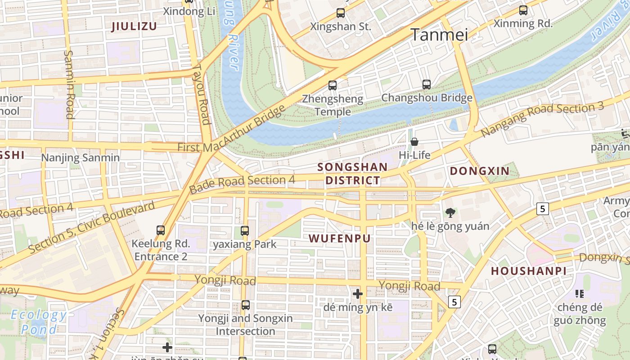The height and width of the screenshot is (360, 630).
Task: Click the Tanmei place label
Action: [x=439, y=35]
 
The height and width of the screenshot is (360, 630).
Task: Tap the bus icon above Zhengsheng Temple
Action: [x=333, y=85]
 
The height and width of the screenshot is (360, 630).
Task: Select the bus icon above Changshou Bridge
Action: [x=427, y=84]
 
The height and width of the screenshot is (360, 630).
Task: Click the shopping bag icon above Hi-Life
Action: [x=414, y=142]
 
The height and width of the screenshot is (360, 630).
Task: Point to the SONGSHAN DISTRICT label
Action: [x=352, y=174]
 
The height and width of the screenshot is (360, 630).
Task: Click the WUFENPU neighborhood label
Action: [x=340, y=238]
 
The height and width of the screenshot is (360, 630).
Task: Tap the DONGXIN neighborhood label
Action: [x=480, y=171]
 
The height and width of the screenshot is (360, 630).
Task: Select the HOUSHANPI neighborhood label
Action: [x=528, y=271]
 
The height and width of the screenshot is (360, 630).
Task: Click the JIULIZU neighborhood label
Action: [x=134, y=27]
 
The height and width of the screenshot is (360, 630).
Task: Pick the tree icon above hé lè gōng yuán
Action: [x=450, y=213]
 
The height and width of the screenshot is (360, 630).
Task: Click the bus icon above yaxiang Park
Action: [x=245, y=231]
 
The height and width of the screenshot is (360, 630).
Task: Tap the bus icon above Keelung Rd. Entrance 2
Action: [x=161, y=230]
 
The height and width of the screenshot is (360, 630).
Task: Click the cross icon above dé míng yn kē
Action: [x=358, y=294]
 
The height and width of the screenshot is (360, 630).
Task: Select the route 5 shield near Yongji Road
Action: [x=454, y=301]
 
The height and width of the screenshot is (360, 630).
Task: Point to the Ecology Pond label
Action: [x=39, y=322]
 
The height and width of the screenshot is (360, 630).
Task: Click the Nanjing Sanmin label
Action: [x=81, y=158]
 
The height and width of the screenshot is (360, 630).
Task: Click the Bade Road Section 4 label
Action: [x=242, y=183]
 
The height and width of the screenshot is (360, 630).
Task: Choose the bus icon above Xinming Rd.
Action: [x=523, y=10]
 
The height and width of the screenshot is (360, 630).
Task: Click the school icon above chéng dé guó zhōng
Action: [x=580, y=294]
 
